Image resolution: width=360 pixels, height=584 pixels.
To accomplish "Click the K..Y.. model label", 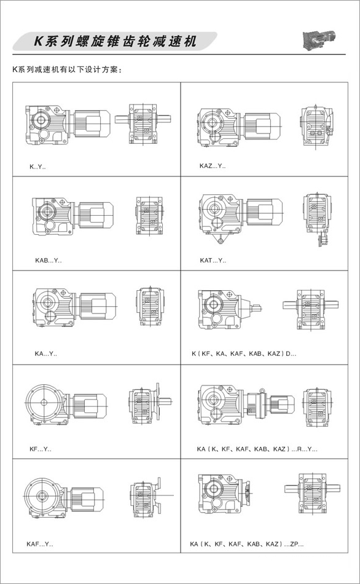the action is [37, 167].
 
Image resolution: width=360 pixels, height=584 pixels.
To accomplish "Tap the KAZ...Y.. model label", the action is [212, 166].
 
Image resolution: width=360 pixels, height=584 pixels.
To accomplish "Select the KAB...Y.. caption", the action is [49, 261].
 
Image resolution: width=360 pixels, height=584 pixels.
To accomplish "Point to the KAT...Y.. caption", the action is [213, 261].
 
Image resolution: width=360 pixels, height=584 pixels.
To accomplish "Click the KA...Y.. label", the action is [46, 353].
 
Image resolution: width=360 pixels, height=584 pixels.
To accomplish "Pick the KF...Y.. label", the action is [40, 449].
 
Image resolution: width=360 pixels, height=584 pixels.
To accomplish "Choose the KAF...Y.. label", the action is [40, 544].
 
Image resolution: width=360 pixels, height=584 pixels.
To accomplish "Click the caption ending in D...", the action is [244, 353].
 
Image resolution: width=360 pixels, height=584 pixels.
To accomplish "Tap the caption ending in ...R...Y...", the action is [257, 449].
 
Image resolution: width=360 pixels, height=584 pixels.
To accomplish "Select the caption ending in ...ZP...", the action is [247, 544].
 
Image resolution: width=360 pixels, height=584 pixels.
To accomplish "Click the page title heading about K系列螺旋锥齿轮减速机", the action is [115, 41].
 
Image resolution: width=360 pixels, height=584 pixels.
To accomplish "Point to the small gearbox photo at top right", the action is [319, 39].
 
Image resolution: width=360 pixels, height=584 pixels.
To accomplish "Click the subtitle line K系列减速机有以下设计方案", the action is [67, 69].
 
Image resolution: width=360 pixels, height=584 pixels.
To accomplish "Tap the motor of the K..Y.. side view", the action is [92, 122].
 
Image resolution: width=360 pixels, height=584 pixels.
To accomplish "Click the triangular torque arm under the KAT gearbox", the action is [221, 237].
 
